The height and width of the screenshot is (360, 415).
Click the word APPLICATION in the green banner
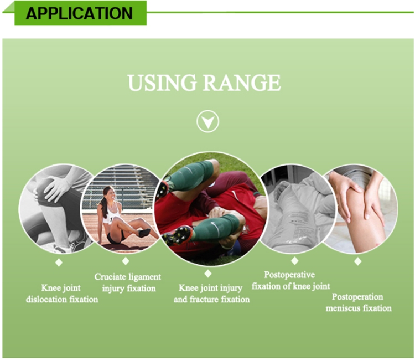coord(79,13)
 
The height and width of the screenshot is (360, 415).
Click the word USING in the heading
coord(162,83)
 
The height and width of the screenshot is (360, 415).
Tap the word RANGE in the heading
coord(242,83)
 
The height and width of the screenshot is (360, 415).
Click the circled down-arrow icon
coord(207,121)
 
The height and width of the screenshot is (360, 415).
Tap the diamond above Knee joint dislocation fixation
coord(59,263)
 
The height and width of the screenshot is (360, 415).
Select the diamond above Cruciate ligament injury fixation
coord(126,261)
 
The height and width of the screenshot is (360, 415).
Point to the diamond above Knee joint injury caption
coord(207,274)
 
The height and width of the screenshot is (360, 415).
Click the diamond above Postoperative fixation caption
coord(295,261)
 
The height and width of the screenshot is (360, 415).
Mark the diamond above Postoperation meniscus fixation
coord(358,261)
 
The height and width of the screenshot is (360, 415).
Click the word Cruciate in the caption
coord(110,277)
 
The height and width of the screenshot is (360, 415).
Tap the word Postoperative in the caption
coord(289,275)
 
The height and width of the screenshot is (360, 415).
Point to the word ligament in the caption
coord(144,277)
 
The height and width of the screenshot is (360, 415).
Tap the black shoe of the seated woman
coord(144,233)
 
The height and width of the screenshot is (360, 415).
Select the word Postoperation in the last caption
coord(357,297)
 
